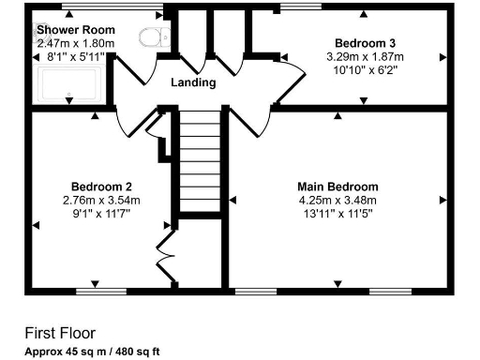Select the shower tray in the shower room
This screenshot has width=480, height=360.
69,84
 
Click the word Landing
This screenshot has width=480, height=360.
193,82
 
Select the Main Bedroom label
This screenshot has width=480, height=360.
337,187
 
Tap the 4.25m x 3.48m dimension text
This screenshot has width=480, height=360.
337,200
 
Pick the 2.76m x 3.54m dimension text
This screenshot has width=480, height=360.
100,200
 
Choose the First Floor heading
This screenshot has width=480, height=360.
60,333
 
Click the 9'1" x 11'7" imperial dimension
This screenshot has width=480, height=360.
100,213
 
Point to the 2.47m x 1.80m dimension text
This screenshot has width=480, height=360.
75,43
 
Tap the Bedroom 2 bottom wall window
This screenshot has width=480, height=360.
101,290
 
